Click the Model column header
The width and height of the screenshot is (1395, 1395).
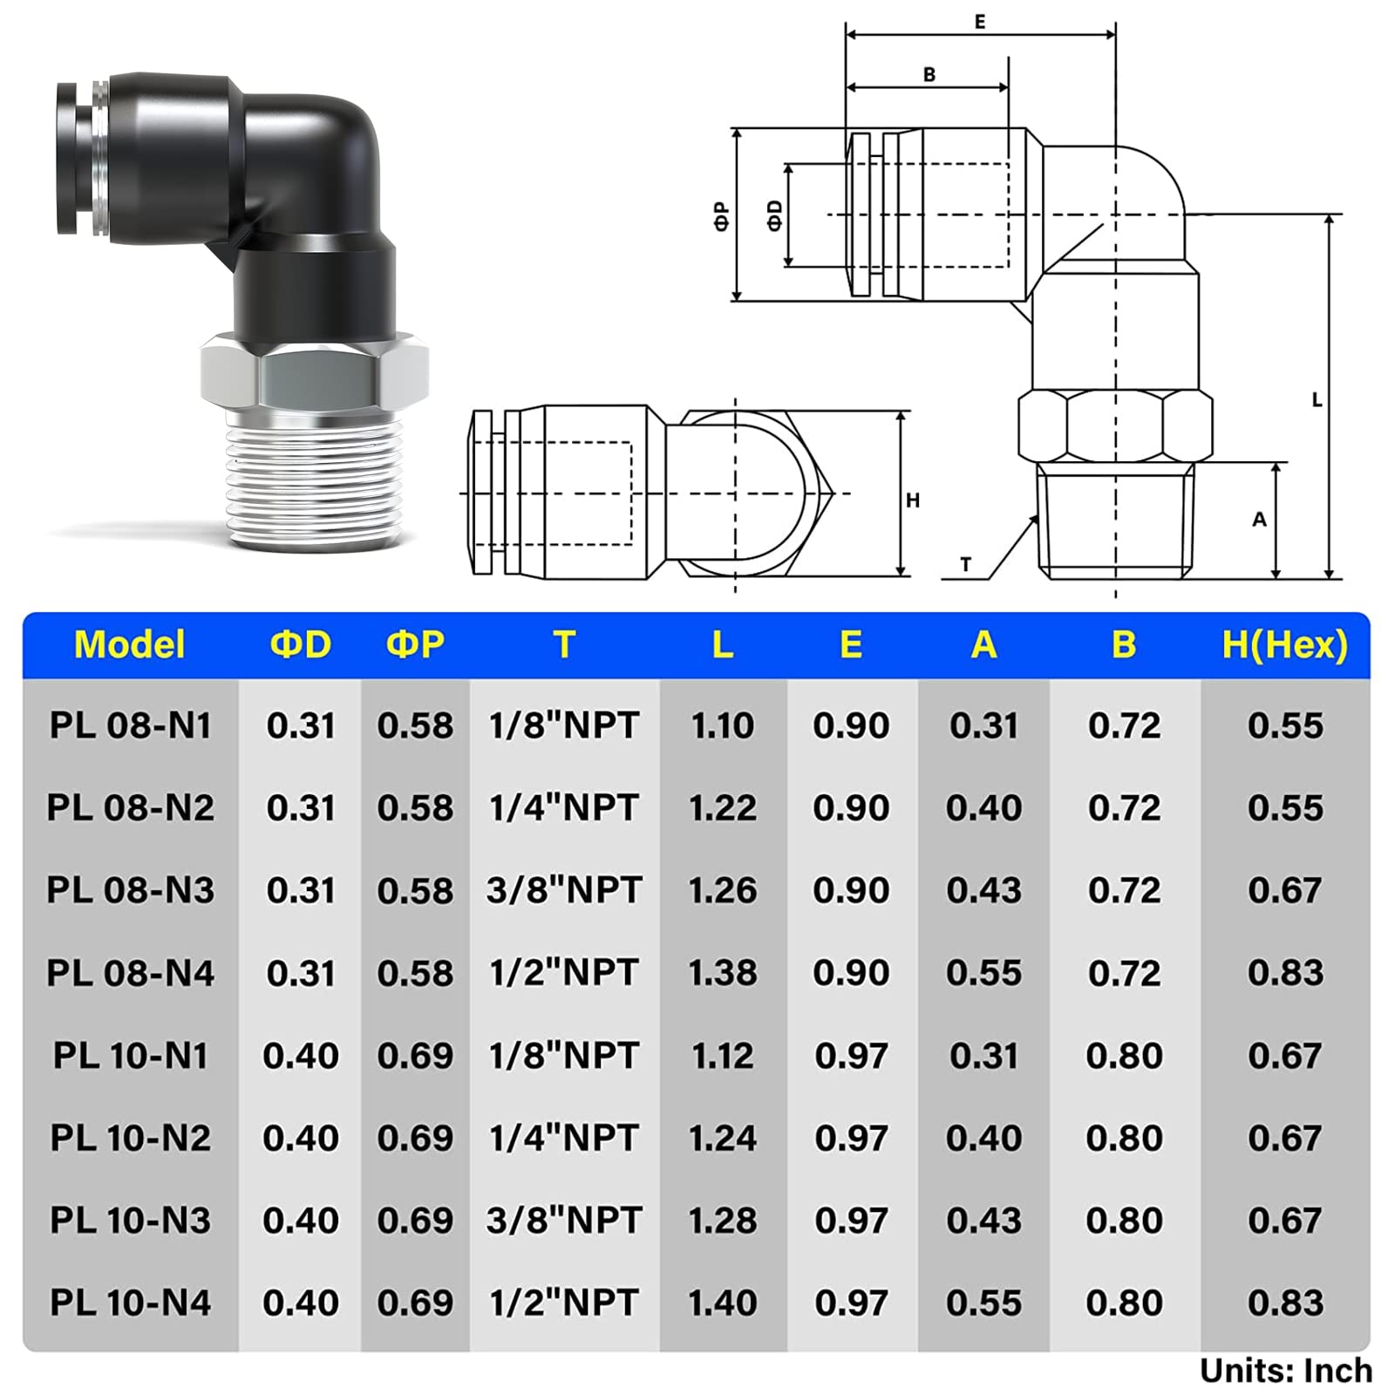(130, 645)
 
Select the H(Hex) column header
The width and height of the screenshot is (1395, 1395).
(1284, 645)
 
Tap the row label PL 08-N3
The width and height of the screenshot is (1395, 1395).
(130, 890)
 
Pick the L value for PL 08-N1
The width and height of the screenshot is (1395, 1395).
(722, 725)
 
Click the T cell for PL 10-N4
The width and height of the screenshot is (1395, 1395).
(564, 1303)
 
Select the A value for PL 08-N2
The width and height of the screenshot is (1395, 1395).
(983, 807)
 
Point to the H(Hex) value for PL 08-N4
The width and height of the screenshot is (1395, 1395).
(1285, 972)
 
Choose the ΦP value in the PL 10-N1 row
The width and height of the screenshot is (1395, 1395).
(415, 1056)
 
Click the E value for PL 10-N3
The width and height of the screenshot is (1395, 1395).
(851, 1221)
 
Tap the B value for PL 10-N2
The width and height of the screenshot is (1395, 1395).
(1124, 1138)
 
